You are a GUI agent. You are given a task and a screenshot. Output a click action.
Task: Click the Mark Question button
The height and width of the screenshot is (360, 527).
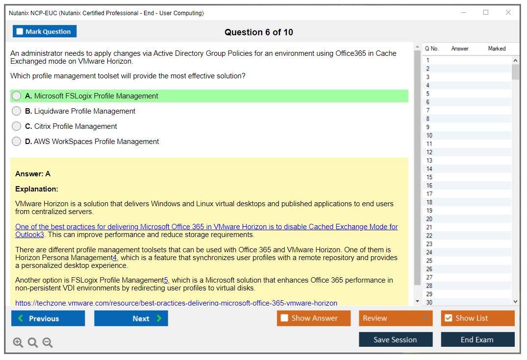pyautogui.click(x=45, y=31)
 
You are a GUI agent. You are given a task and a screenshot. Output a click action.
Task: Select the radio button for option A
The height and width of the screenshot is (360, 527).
pyautogui.click(x=17, y=96)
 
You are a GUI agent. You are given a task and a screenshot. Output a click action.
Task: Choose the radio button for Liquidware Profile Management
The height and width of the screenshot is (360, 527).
pyautogui.click(x=17, y=111)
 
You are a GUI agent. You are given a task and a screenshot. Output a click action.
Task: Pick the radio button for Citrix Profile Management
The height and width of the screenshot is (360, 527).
pyautogui.click(x=17, y=126)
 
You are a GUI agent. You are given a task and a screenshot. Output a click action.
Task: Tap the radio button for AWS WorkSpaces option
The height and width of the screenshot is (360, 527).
pyautogui.click(x=17, y=142)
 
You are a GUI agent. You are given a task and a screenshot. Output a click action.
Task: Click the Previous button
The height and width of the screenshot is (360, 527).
pyautogui.click(x=48, y=318)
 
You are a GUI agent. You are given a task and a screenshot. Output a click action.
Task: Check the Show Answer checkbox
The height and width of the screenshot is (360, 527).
pyautogui.click(x=284, y=318)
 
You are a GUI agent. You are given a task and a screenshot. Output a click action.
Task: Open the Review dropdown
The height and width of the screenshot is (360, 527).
pyautogui.click(x=396, y=318)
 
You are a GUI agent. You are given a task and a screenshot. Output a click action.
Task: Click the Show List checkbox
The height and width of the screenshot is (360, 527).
pyautogui.click(x=449, y=318)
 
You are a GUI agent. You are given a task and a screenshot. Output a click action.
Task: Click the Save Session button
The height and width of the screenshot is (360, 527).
pyautogui.click(x=396, y=339)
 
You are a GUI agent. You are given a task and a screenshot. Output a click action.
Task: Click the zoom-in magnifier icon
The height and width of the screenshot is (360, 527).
pyautogui.click(x=18, y=342)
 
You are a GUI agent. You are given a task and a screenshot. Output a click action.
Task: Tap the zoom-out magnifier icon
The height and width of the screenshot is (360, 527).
pyautogui.click(x=48, y=342)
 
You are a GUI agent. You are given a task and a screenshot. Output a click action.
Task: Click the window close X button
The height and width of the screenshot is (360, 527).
pyautogui.click(x=508, y=12)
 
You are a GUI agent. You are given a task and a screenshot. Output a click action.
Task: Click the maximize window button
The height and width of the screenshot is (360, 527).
pyautogui.click(x=486, y=12)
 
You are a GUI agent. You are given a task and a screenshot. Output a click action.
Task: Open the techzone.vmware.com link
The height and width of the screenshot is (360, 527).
pyautogui.click(x=176, y=303)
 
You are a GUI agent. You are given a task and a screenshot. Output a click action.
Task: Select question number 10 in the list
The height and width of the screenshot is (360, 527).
pyautogui.click(x=429, y=135)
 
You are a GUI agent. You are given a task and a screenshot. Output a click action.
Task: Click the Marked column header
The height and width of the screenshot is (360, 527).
pyautogui.click(x=497, y=48)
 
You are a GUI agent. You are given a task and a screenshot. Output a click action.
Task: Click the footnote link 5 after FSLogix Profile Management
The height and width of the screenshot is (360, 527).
pyautogui.click(x=166, y=280)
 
